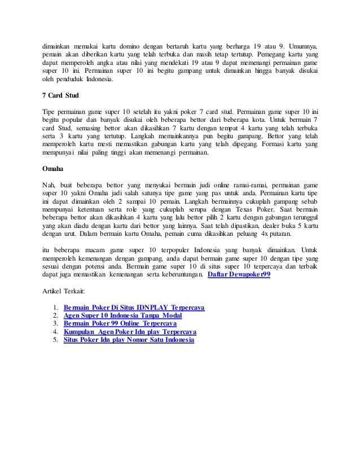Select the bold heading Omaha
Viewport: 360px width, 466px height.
(x=54, y=168)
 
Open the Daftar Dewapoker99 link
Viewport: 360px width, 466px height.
(x=239, y=275)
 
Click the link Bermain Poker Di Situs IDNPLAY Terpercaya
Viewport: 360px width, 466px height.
(x=134, y=307)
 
